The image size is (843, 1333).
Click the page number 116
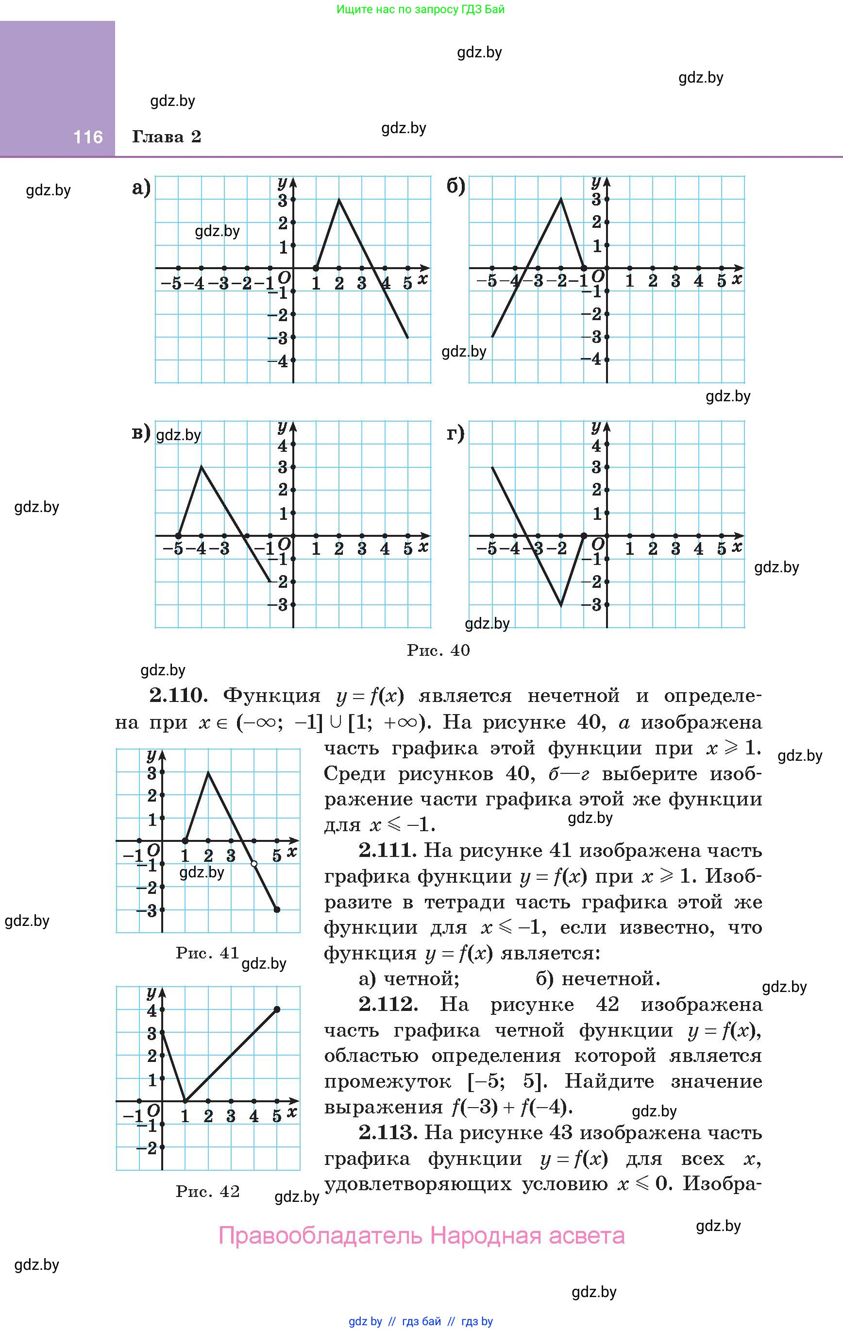coord(88,137)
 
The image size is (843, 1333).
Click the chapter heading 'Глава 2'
coord(167,137)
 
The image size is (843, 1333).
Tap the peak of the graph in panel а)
coord(339,199)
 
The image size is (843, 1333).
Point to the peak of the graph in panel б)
coord(561,198)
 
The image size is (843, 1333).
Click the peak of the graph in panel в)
coord(202,467)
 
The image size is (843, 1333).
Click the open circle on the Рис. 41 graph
coord(254,864)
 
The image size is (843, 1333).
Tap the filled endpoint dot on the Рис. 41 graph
coord(277,909)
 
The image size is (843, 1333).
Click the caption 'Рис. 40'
coord(438,650)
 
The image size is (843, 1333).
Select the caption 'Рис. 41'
coord(207,953)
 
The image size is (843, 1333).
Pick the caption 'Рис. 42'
coord(207,1191)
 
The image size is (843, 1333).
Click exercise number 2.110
coord(178,696)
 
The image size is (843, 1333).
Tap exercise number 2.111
coord(388,850)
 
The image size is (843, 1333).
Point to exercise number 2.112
coord(388,1004)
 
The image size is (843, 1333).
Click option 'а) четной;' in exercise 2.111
coord(409,979)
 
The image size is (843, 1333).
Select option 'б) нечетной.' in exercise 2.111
coord(598,979)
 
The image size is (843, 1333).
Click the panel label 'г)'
coord(455,433)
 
